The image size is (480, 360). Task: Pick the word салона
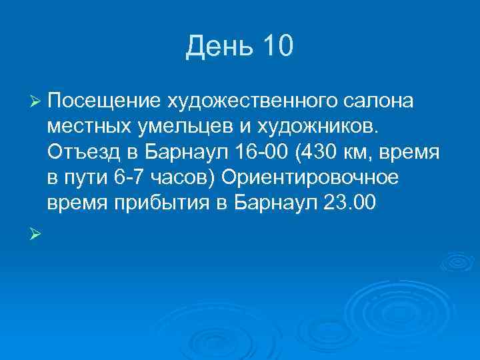[380, 101]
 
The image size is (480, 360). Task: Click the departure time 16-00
[261, 153]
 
